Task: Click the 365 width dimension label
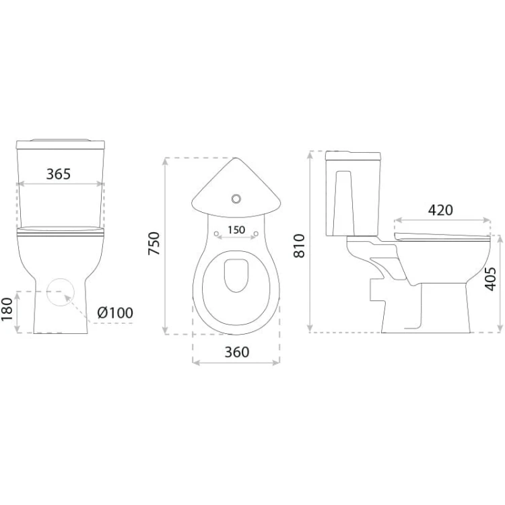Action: (x=59, y=174)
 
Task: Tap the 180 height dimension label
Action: (x=7, y=309)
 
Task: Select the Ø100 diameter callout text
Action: (x=115, y=312)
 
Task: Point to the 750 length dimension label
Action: (x=154, y=244)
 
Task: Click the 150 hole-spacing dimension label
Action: (x=236, y=230)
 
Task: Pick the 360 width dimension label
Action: (x=237, y=352)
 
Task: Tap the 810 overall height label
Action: (x=299, y=246)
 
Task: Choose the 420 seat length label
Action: (x=440, y=210)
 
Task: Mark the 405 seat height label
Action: (x=490, y=279)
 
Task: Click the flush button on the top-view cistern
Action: (x=236, y=199)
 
